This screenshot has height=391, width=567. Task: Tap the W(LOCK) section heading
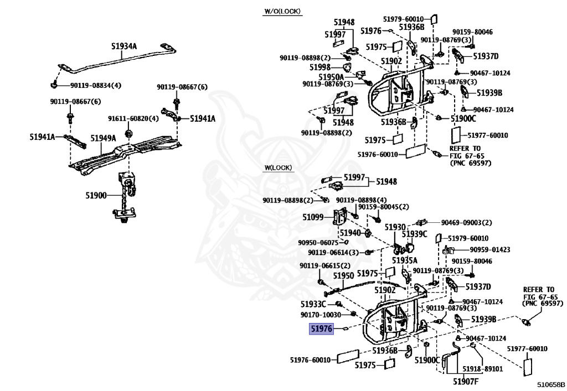278,168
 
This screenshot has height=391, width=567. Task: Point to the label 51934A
125,47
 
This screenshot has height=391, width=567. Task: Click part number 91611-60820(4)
133,119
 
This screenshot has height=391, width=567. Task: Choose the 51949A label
104,138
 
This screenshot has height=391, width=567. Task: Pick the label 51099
313,217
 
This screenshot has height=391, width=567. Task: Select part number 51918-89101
484,368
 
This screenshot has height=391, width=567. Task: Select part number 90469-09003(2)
466,222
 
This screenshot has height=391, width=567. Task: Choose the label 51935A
405,260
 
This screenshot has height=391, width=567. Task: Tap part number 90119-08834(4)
96,85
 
